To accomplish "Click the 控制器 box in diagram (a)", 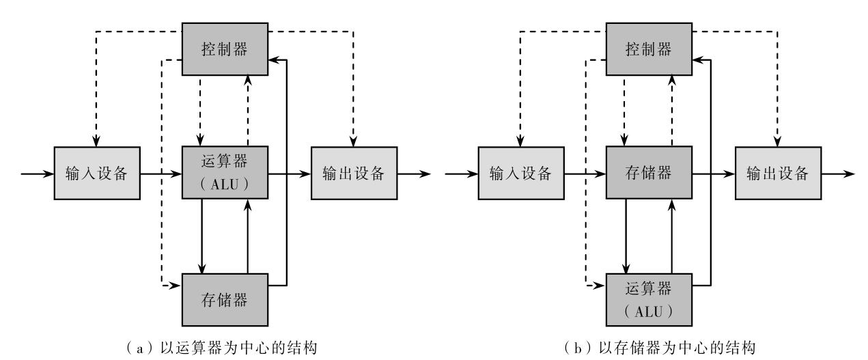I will point(225,50).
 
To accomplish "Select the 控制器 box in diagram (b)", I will point(649,50).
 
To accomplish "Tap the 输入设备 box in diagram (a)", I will point(98,174).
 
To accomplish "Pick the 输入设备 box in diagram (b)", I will point(522,174).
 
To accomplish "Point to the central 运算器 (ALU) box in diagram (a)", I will point(225,174).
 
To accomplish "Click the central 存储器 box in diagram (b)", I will point(649,174).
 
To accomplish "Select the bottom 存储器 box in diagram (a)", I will point(225,299).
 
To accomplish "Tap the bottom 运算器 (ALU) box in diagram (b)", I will point(649,299).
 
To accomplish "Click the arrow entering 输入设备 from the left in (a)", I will point(38,174).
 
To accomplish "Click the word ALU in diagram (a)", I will point(225,184).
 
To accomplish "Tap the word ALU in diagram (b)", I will point(649,309).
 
